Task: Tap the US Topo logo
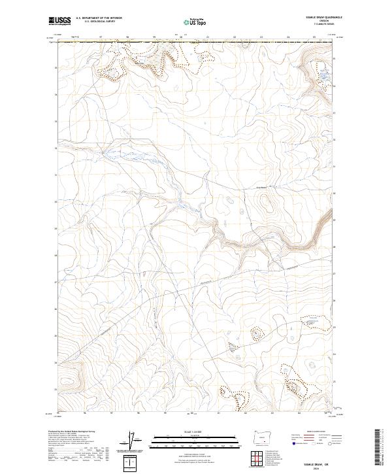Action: point(195,22)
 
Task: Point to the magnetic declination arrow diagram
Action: point(133,441)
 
